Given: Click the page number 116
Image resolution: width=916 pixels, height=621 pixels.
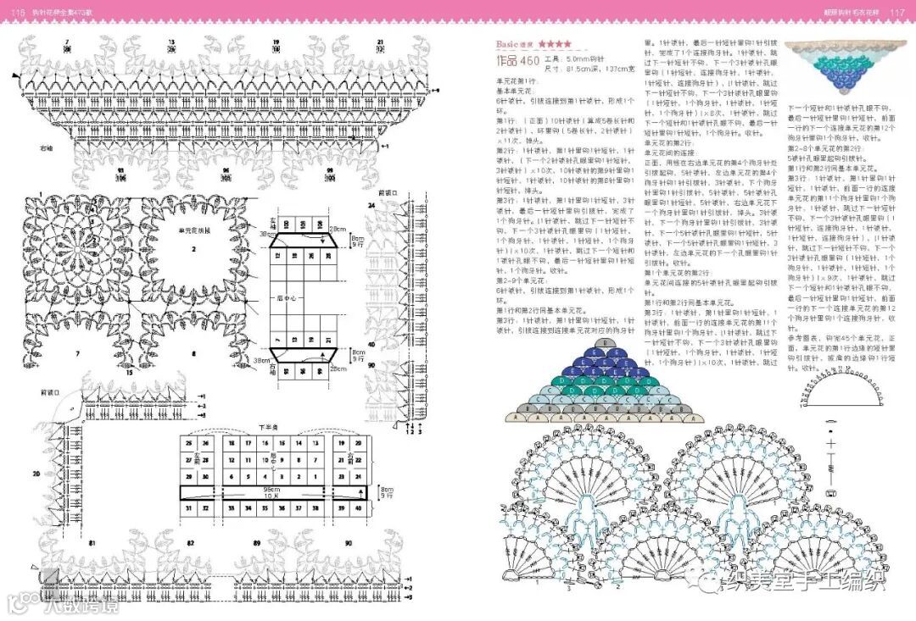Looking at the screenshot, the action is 15,10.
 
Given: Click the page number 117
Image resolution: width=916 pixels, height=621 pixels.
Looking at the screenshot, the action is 901,10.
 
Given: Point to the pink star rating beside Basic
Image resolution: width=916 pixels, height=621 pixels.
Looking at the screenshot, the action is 554,42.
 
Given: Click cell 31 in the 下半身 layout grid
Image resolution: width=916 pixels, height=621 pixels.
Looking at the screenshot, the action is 187,507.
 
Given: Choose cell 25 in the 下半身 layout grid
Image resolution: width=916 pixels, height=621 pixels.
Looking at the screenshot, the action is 187,443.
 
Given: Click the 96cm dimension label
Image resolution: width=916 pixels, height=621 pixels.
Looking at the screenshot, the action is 271,490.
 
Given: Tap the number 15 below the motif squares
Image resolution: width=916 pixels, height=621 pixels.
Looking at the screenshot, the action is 130,372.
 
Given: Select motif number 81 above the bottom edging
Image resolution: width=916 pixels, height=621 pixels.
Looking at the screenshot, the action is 92,542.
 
